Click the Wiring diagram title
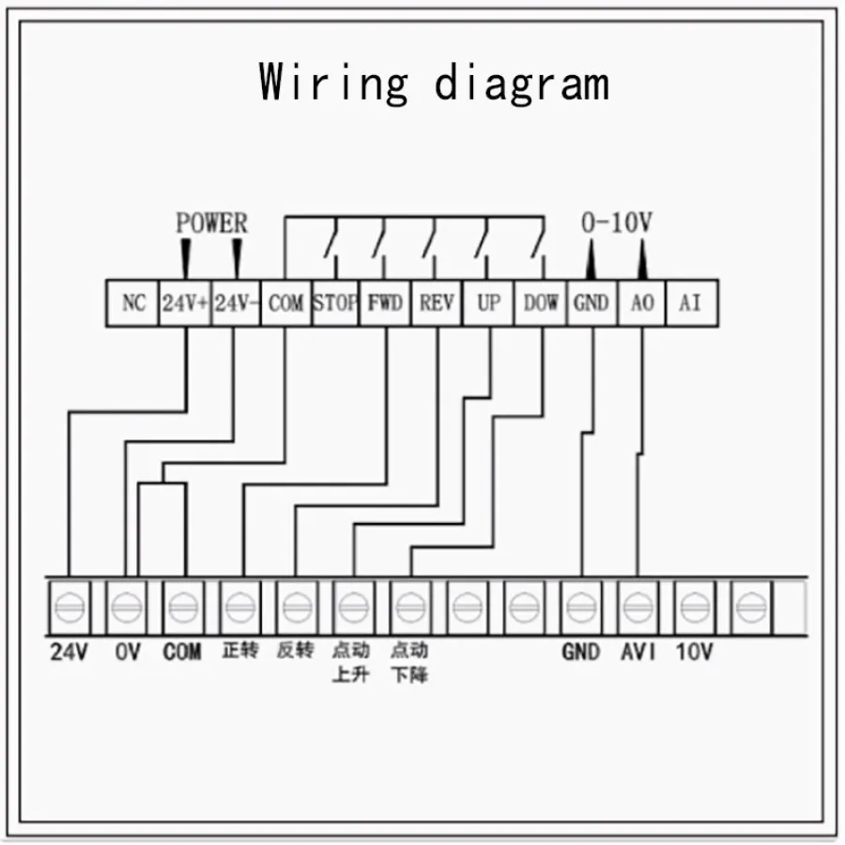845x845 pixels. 434,82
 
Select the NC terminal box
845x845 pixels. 133,303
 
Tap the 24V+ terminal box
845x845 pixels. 185,303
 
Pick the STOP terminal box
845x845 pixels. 335,303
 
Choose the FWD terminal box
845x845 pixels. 386,303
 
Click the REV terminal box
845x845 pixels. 437,303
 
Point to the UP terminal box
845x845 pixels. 488,303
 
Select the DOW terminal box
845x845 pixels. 540,303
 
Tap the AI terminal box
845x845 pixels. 691,303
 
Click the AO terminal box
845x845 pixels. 641,303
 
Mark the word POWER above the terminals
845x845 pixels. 212,223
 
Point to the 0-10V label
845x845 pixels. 617,223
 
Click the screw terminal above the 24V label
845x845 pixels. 69,607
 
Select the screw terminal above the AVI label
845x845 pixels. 638,607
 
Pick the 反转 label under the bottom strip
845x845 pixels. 296,651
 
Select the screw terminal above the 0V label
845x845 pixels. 126,607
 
